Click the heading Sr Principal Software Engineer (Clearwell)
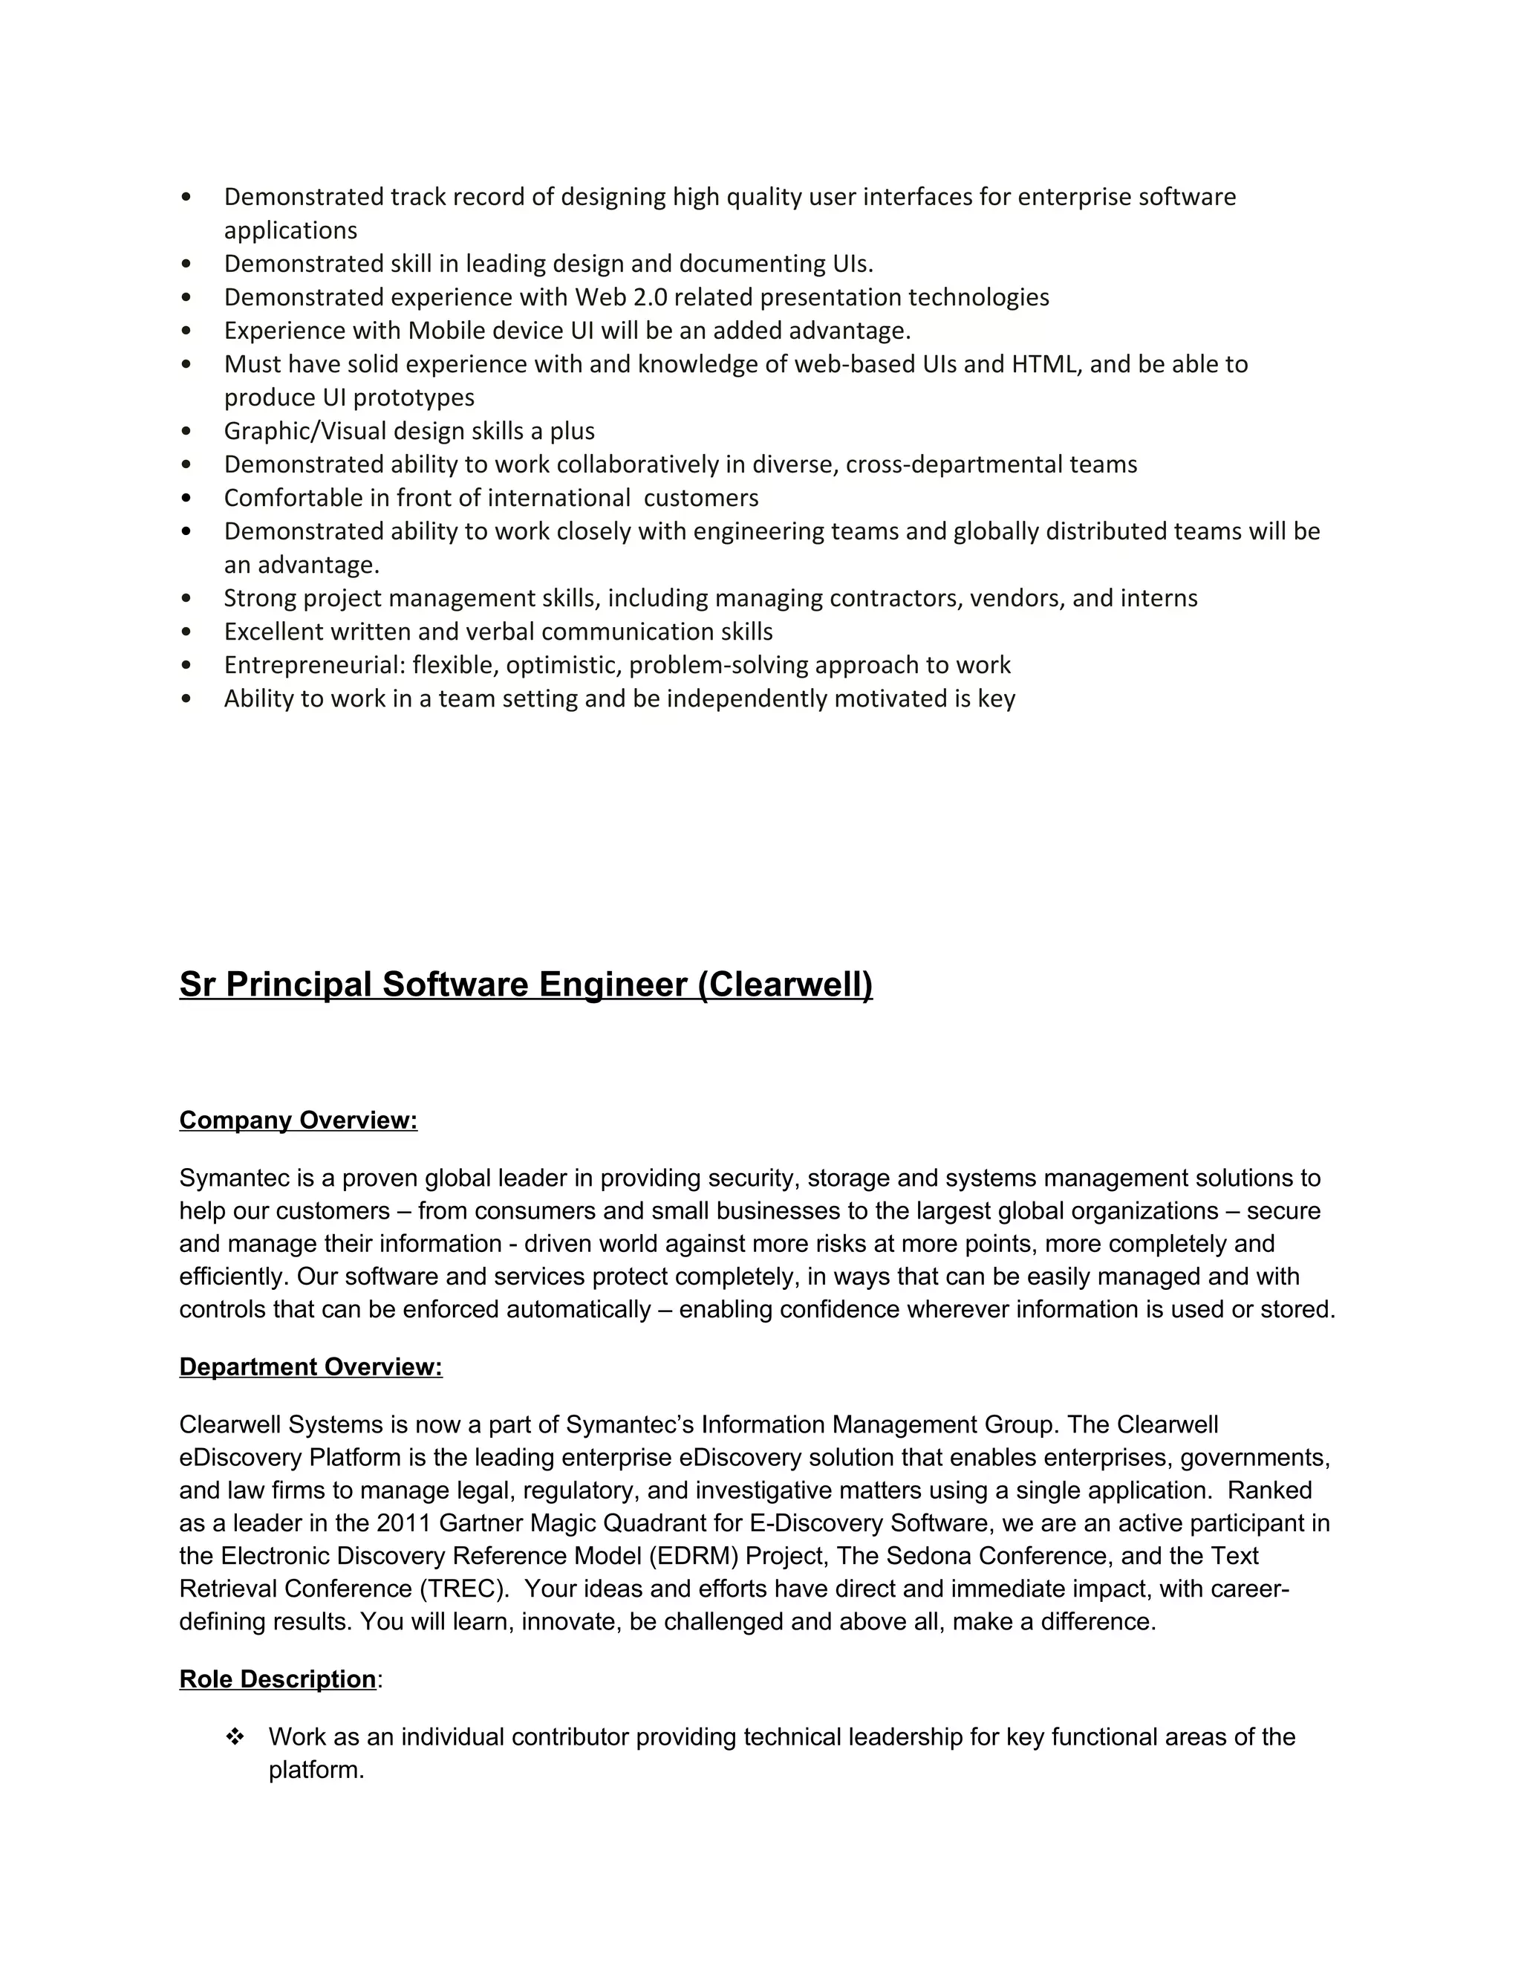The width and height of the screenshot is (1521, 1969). (525, 984)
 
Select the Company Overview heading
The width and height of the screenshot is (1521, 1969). (299, 1120)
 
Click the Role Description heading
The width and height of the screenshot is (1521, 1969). (278, 1678)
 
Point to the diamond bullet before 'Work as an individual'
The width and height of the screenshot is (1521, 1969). (235, 1736)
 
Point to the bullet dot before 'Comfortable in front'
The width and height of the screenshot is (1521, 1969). (186, 499)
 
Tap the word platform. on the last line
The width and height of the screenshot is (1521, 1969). (316, 1770)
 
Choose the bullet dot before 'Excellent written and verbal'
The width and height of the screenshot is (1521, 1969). (186, 632)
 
